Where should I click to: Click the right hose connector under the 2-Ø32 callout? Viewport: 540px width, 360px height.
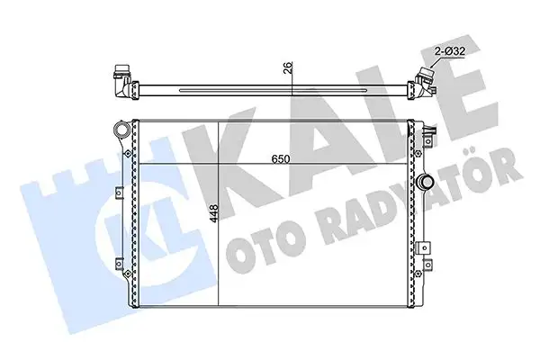point(420,83)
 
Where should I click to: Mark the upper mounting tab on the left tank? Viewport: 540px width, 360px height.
point(121,190)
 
